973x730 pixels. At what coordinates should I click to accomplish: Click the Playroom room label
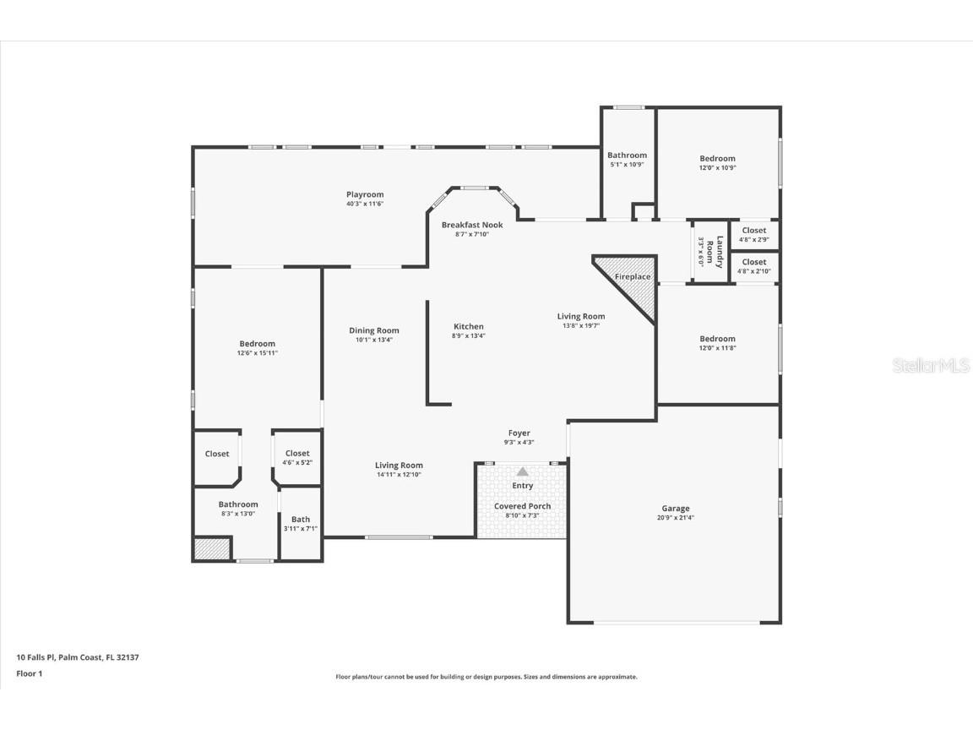point(365,194)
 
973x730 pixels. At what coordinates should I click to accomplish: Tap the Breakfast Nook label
point(472,225)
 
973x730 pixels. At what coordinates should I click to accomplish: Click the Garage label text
point(675,509)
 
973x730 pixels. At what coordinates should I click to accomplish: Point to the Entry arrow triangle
point(523,471)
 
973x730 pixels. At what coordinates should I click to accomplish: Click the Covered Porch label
point(522,506)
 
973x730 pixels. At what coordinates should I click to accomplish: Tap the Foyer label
point(519,433)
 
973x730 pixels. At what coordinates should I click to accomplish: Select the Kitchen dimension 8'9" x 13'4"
point(469,336)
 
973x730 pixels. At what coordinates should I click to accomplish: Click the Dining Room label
point(374,330)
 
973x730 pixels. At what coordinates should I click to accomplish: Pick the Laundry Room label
point(720,252)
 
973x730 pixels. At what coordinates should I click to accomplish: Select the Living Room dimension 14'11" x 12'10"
point(400,475)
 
